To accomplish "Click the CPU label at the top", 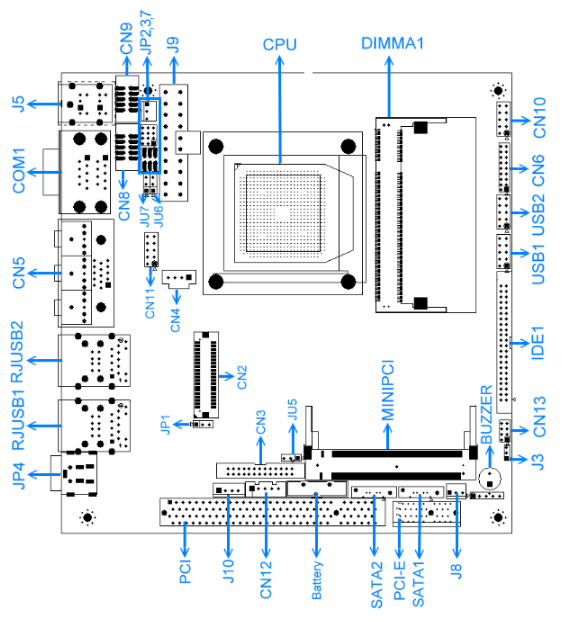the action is [x=280, y=44].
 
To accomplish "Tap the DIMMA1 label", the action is [x=392, y=43].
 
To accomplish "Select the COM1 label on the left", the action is [x=19, y=171].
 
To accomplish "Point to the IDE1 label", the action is [x=538, y=343].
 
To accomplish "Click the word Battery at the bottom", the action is [x=316, y=580].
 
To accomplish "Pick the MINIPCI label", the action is [x=388, y=390].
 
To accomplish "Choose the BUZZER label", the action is [x=486, y=414].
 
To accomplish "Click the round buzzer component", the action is [x=490, y=479].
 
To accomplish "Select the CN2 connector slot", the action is [x=206, y=374].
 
